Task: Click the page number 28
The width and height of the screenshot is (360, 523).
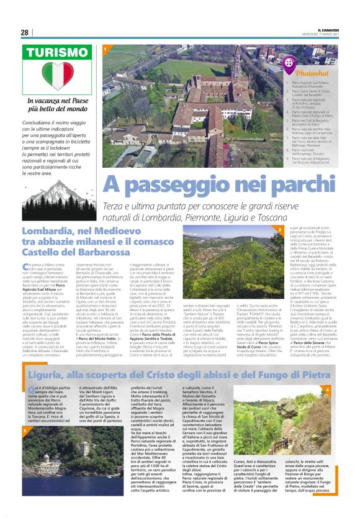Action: pos(25,32)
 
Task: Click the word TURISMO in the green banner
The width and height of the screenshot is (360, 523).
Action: pos(56,53)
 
